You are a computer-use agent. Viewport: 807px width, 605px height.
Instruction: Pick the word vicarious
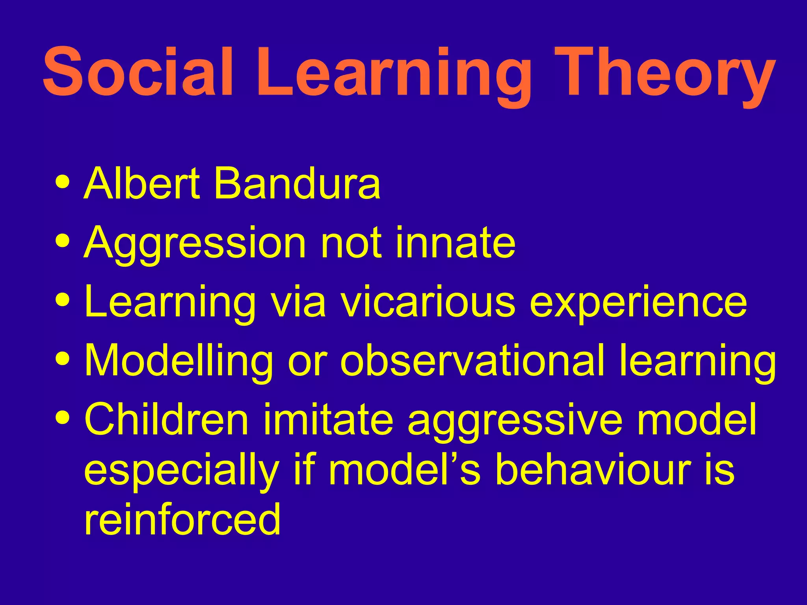tap(428, 302)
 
